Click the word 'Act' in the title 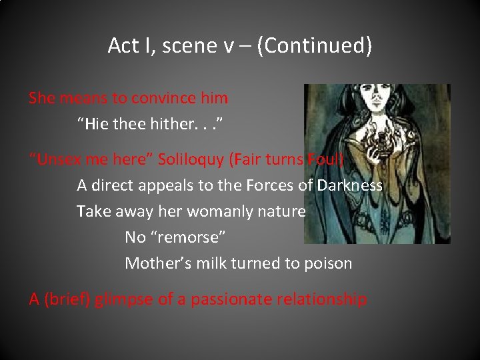(123, 46)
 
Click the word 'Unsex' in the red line (59, 160)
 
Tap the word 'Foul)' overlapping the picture (325, 160)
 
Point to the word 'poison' (327, 263)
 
